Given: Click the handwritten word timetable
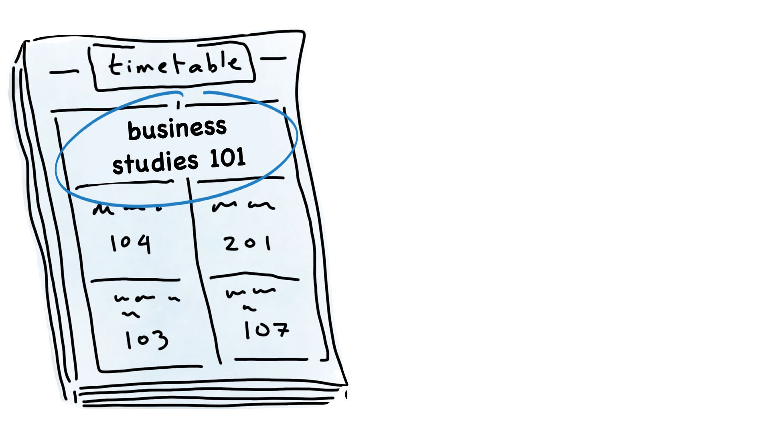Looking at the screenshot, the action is [175, 65].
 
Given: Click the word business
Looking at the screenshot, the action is [177, 129].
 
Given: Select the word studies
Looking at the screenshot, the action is [155, 162].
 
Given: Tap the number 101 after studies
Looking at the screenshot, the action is [227, 158].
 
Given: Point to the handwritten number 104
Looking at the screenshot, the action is [131, 243].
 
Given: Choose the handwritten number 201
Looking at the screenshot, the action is [247, 243].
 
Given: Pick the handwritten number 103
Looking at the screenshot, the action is [146, 340].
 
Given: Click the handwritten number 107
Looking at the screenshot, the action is [266, 330].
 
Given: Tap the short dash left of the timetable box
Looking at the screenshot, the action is [64, 73].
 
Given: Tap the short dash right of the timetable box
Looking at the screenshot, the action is [273, 59].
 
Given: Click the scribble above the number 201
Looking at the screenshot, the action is [243, 206].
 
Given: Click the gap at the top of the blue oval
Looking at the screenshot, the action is [193, 93].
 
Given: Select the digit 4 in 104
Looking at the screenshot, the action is [144, 244].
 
